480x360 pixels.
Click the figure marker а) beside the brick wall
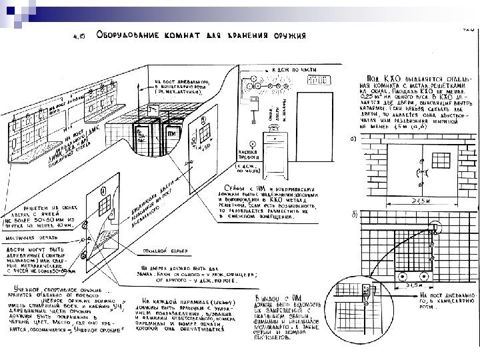click(x=353, y=139)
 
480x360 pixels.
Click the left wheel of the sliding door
click(x=403, y=277)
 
